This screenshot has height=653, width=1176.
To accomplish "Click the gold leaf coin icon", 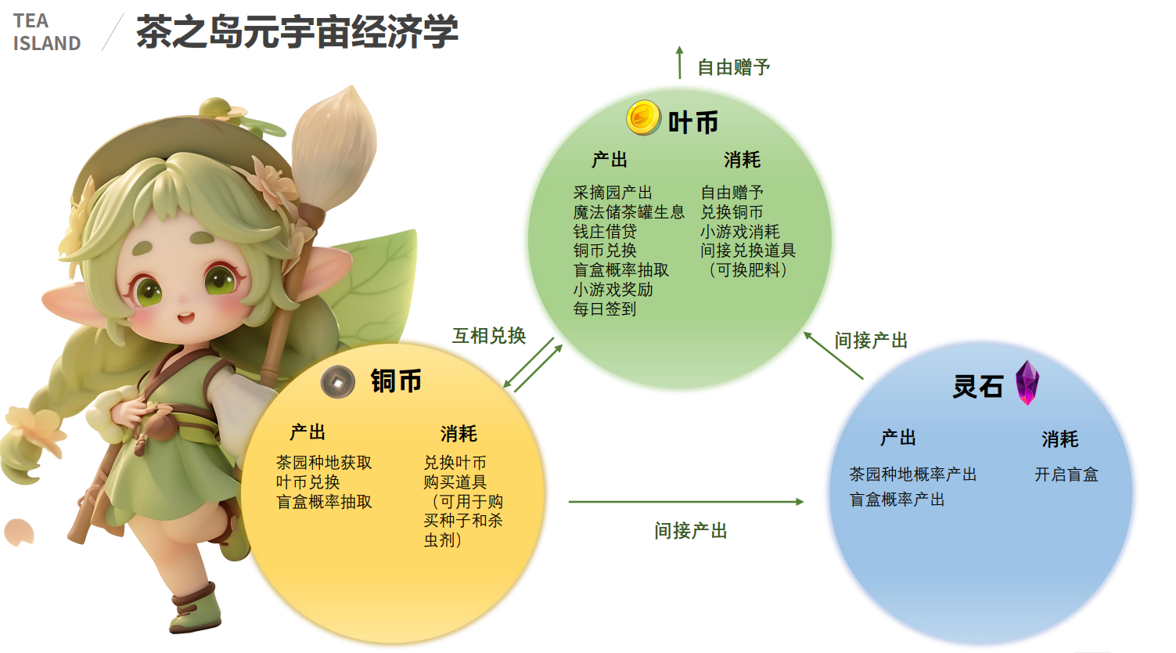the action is pos(644,117).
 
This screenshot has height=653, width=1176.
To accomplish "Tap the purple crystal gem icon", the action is pos(1027,382).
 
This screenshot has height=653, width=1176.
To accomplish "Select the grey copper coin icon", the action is pos(338,381).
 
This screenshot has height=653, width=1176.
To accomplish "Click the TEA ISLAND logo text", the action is pos(47,32).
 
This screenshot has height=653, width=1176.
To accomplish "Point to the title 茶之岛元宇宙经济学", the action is pos(297,31).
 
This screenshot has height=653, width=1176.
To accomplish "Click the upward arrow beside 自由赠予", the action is pos(680,63).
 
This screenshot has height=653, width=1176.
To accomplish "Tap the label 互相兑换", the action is pos(489,336).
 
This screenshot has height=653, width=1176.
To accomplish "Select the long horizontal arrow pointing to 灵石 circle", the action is pos(686,502).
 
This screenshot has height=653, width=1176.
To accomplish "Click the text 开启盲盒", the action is pos(1066,474).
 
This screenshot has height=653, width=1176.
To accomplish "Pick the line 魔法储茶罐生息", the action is pos(629,212).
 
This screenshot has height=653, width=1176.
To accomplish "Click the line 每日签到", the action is pos(605,309).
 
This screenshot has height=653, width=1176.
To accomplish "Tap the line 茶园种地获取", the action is pos(324,462).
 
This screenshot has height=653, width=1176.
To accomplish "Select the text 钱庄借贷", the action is pos(605,231).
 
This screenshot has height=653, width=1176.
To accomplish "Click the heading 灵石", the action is pos(977,386).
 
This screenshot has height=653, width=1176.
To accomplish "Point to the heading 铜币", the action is pos(396,381).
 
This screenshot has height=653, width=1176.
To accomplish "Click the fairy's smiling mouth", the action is pos(185,318).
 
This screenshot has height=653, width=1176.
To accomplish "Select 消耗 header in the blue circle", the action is pos(1060,439).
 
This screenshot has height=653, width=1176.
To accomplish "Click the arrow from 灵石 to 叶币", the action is pos(833,355).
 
